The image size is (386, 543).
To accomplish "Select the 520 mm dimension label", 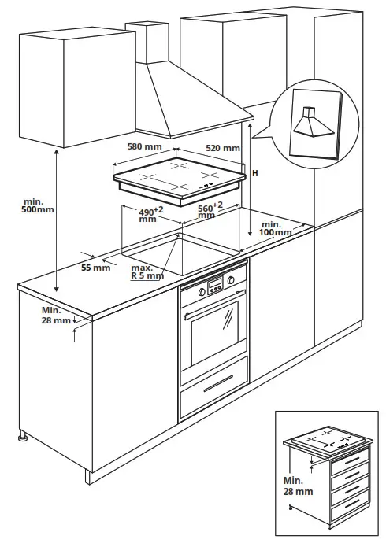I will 223,148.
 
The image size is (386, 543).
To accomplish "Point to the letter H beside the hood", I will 254,173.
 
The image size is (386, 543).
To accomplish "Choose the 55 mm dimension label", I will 96,268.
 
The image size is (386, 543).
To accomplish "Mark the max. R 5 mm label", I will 147,271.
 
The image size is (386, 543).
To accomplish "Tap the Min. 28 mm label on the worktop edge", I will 56,316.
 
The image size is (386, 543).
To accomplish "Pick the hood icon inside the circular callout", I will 309,123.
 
